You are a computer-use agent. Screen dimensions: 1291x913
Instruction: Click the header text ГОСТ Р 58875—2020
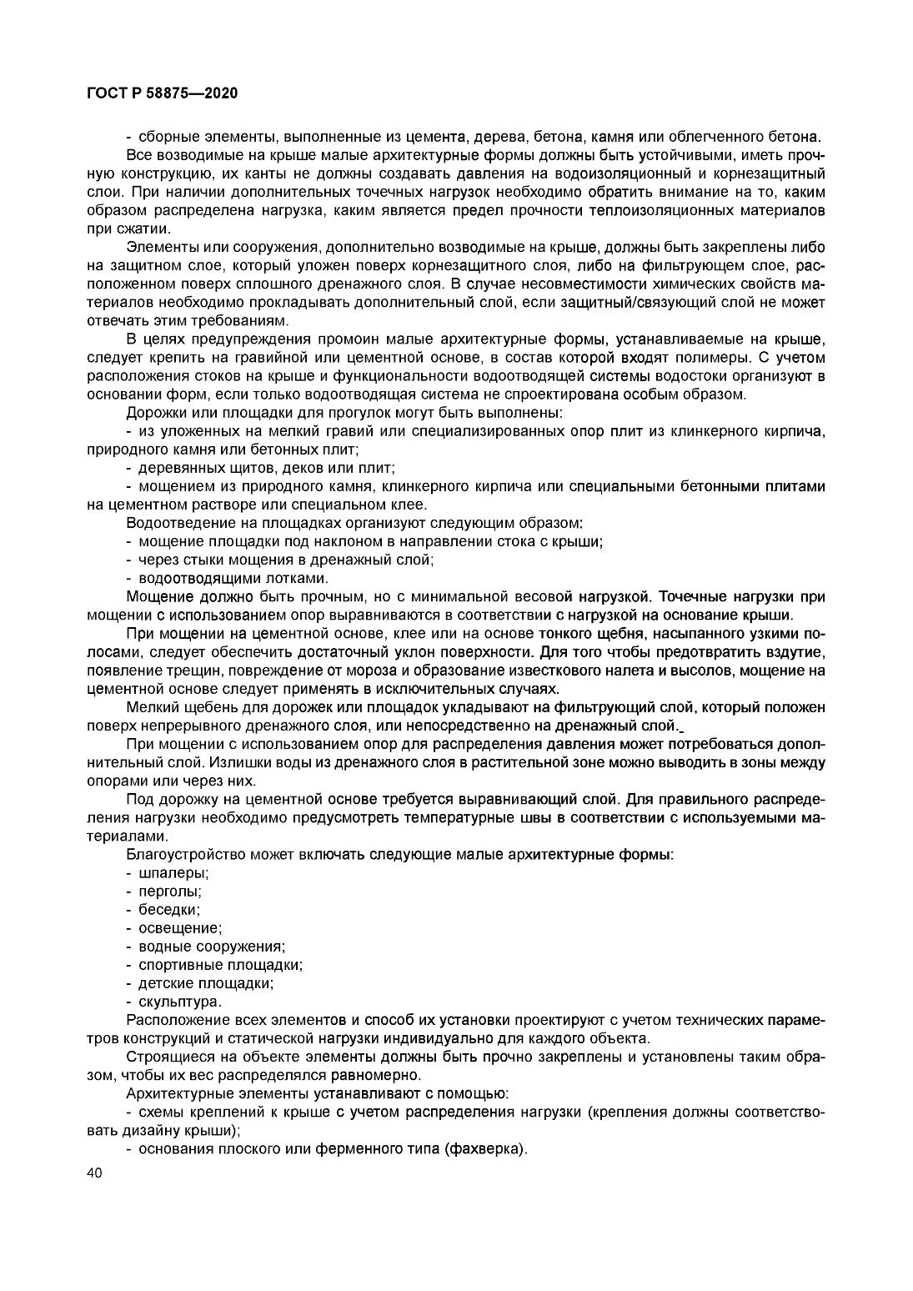tap(162, 93)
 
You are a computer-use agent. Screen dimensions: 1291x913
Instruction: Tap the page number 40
tap(94, 1173)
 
